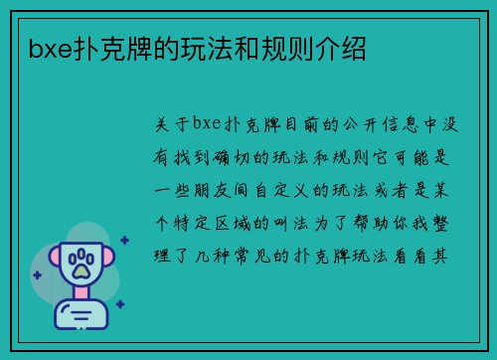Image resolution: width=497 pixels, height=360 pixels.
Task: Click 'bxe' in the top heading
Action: point(50,47)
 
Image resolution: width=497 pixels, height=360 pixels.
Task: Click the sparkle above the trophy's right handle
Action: point(123,240)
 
